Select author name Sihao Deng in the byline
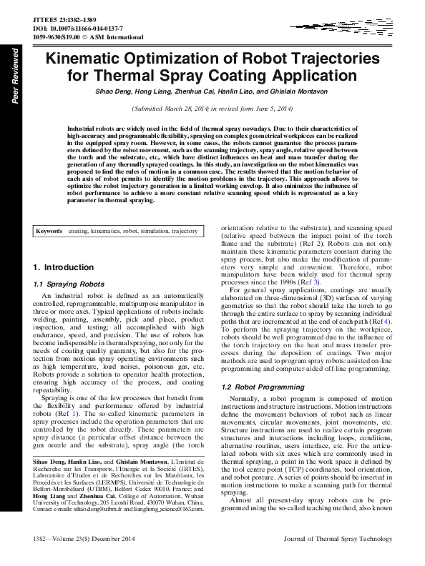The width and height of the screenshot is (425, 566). pyautogui.click(x=115, y=93)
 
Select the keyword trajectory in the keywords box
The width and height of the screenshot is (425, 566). pyautogui.click(x=180, y=232)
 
